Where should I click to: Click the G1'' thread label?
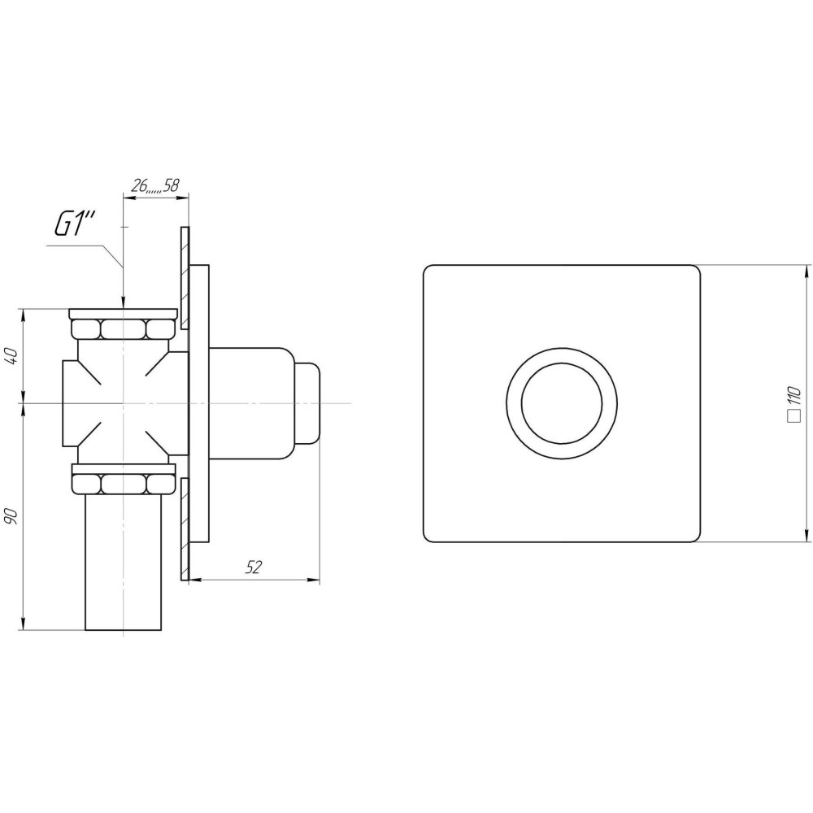tap(75, 225)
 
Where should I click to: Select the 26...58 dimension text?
tap(155, 185)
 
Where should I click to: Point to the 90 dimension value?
tap(12, 516)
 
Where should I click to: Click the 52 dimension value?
tap(253, 567)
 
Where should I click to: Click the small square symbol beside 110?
tap(793, 417)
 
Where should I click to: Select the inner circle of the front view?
tap(562, 403)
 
